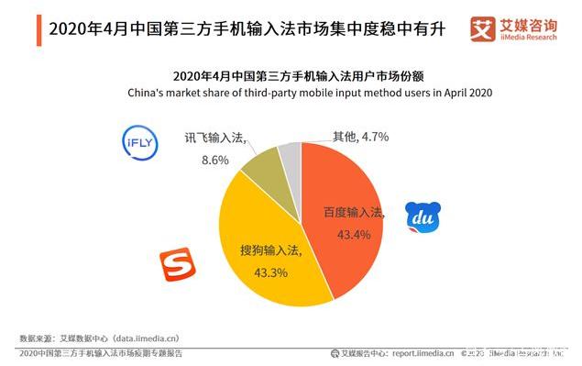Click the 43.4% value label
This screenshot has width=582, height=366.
(x=353, y=235)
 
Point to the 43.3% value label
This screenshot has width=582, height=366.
(x=270, y=272)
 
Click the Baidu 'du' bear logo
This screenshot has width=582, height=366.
(x=423, y=216)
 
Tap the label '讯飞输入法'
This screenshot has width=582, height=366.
(x=214, y=138)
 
